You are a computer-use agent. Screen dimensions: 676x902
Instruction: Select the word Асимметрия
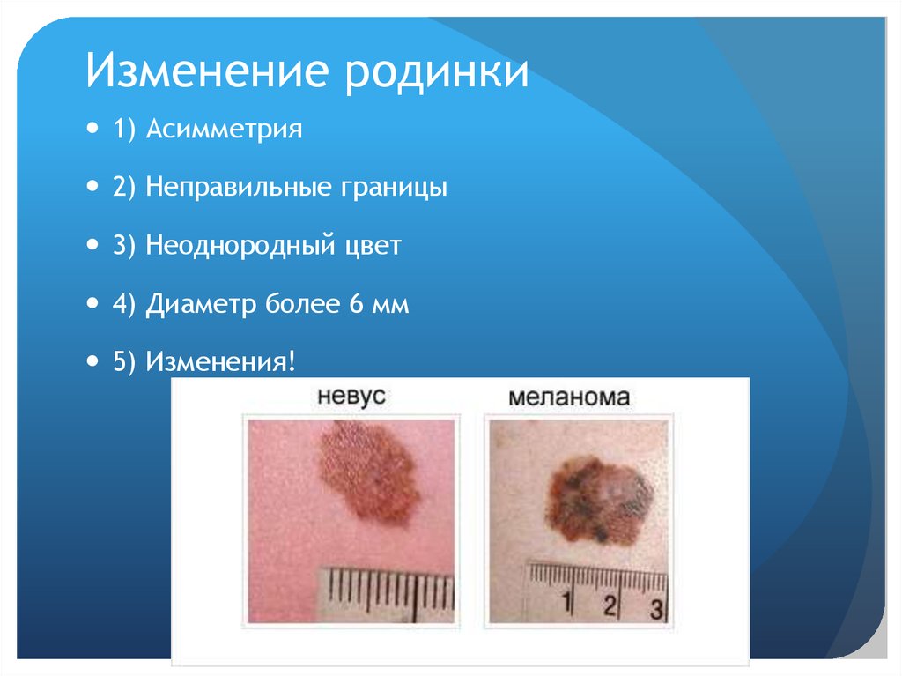pyautogui.click(x=224, y=130)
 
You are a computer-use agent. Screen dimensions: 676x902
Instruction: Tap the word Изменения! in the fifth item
pyautogui.click(x=220, y=362)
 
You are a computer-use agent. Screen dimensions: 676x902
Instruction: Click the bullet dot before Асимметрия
pyautogui.click(x=94, y=130)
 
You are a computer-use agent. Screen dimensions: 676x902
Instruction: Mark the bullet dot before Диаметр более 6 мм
pyautogui.click(x=94, y=304)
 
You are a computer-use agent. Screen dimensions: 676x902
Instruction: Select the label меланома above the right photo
pyautogui.click(x=570, y=397)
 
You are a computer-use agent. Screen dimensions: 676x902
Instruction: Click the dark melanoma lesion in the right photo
pyautogui.click(x=600, y=497)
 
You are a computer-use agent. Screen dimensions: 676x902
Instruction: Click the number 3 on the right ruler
pyautogui.click(x=654, y=607)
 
